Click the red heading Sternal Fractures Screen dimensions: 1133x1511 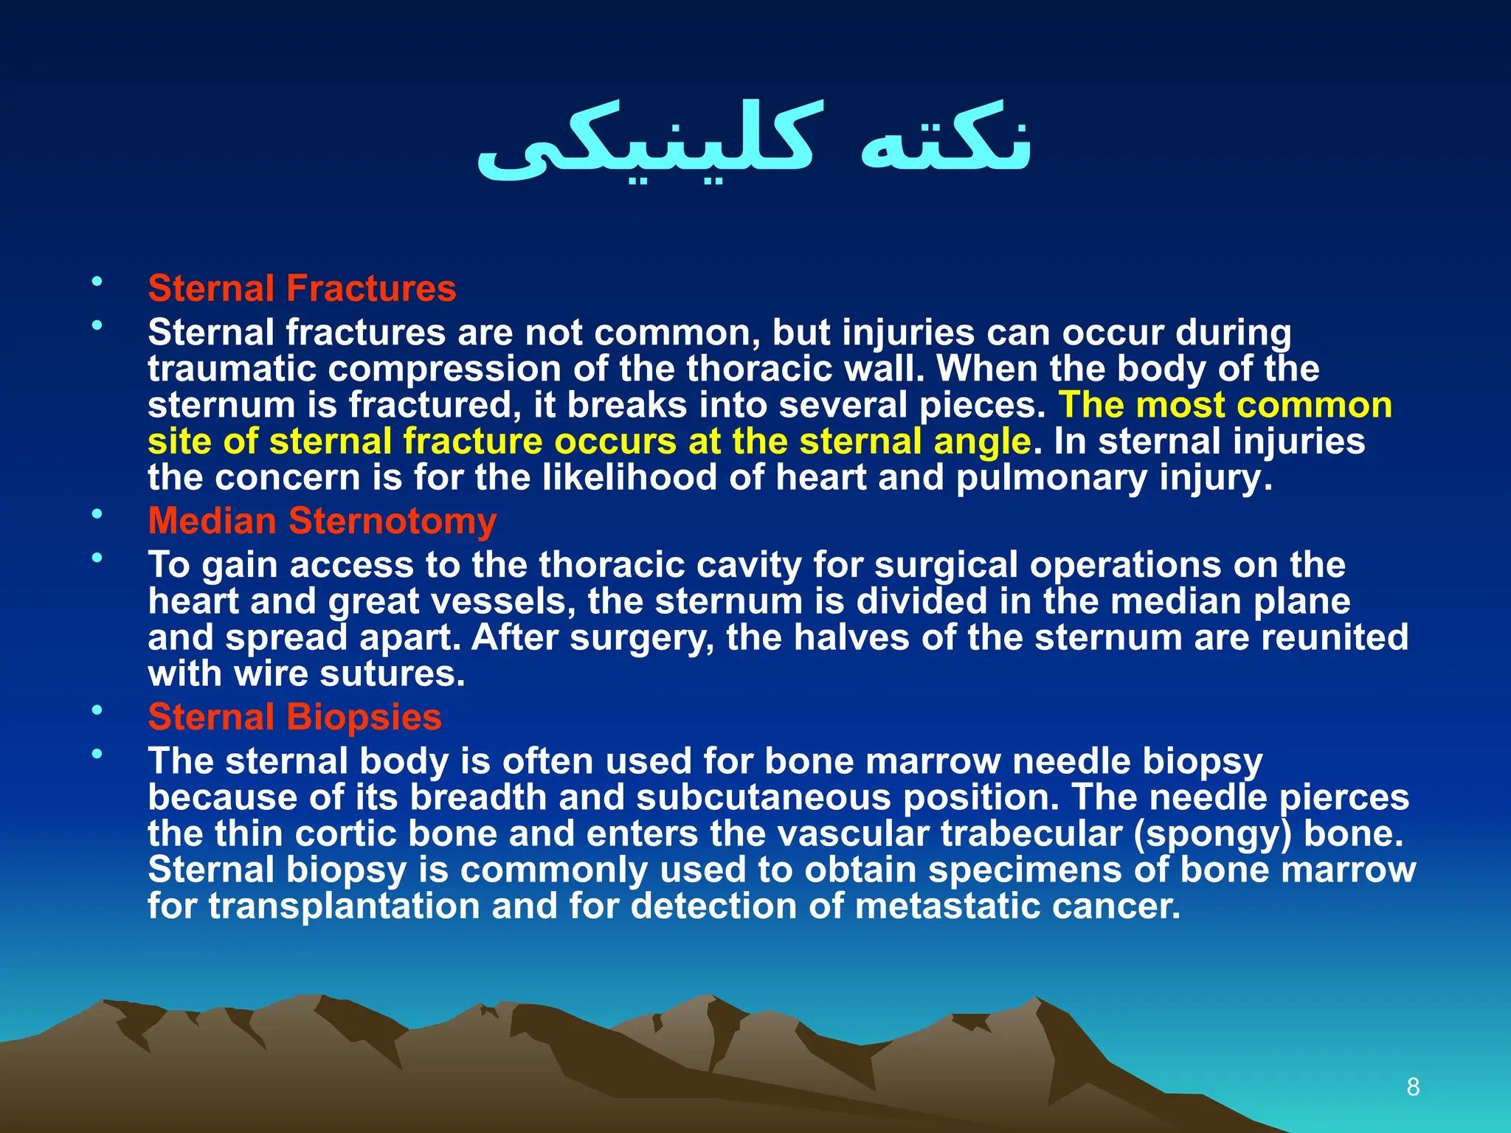click(302, 288)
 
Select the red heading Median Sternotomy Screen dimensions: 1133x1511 click(322, 522)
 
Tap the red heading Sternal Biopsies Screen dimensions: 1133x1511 click(294, 718)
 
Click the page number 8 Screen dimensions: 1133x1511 click(1413, 1087)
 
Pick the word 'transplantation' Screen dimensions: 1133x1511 click(344, 907)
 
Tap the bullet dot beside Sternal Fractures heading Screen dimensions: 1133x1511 click(97, 281)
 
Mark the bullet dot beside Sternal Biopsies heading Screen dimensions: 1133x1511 click(97, 710)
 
